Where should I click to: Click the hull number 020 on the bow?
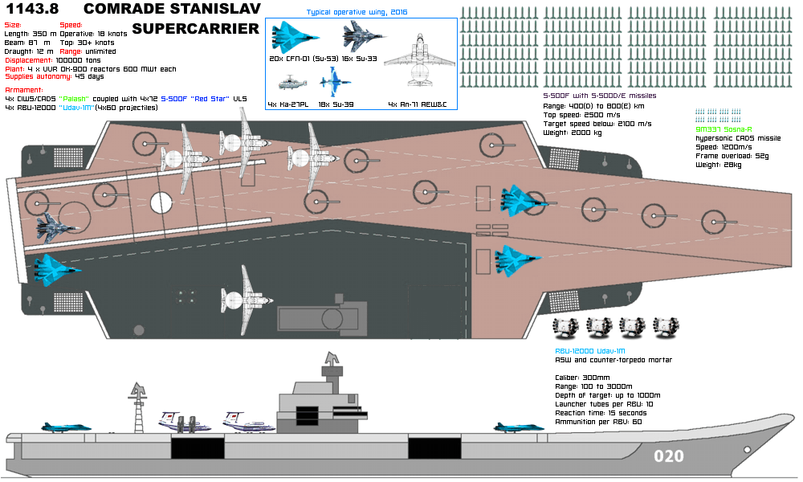669,456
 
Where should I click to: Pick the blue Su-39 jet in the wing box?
335,81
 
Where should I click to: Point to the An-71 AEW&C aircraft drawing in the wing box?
419,59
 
